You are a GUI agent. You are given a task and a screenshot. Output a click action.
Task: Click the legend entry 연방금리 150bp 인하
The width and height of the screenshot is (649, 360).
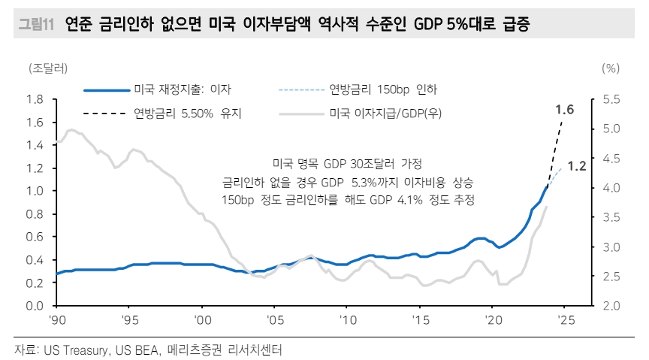383,89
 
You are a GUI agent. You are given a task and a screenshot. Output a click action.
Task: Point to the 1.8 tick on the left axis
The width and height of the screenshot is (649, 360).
34,99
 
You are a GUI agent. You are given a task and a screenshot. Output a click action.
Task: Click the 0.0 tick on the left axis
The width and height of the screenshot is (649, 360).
34,307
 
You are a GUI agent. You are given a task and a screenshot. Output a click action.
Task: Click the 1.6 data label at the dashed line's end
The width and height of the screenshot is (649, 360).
564,110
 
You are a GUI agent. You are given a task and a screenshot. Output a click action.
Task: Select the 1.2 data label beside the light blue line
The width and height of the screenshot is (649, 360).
576,166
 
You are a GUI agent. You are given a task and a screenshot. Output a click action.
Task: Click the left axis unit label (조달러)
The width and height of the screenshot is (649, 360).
49,68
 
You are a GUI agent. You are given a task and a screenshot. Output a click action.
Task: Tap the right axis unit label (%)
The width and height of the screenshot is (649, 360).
611,68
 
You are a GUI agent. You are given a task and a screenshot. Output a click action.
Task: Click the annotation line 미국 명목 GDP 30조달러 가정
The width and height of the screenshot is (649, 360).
347,163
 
